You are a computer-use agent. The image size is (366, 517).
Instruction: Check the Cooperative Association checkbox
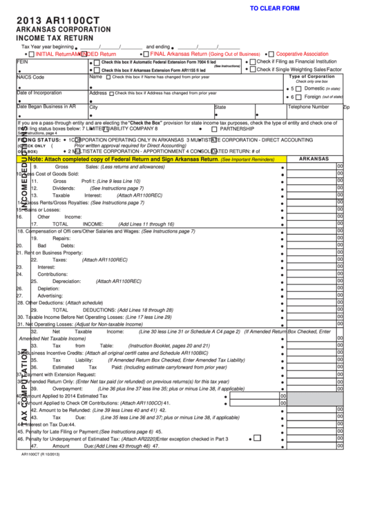tap(271, 54)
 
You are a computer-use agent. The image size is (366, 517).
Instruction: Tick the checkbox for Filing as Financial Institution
tap(253, 61)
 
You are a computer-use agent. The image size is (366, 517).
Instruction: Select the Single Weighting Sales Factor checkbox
tap(253, 69)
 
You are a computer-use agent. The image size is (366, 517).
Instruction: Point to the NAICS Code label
tap(30, 77)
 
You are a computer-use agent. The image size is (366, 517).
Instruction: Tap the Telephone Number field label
tap(308, 107)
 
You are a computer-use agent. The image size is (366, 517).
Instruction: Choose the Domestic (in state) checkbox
tap(300, 88)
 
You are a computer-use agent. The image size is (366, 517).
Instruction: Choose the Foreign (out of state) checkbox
tap(300, 97)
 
